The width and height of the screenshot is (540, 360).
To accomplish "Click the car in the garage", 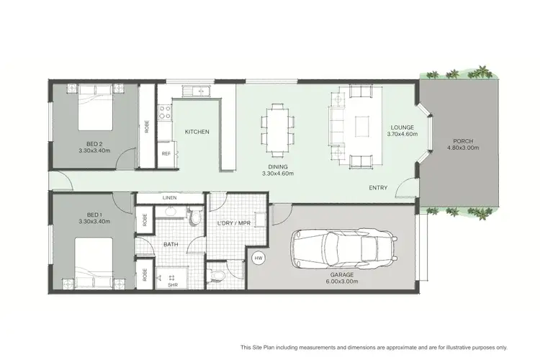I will [341, 249].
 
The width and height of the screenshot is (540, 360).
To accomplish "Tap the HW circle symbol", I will [257, 257].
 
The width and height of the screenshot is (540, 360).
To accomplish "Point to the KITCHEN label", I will [197, 132].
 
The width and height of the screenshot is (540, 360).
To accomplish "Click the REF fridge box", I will [166, 154].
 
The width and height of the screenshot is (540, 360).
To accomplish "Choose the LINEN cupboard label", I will [170, 197].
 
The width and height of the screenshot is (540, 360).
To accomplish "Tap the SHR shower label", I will [173, 284].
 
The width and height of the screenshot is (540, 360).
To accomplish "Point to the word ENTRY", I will [377, 188].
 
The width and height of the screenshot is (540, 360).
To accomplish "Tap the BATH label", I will [171, 245].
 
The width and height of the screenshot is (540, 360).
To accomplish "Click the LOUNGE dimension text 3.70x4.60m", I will [401, 134].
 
